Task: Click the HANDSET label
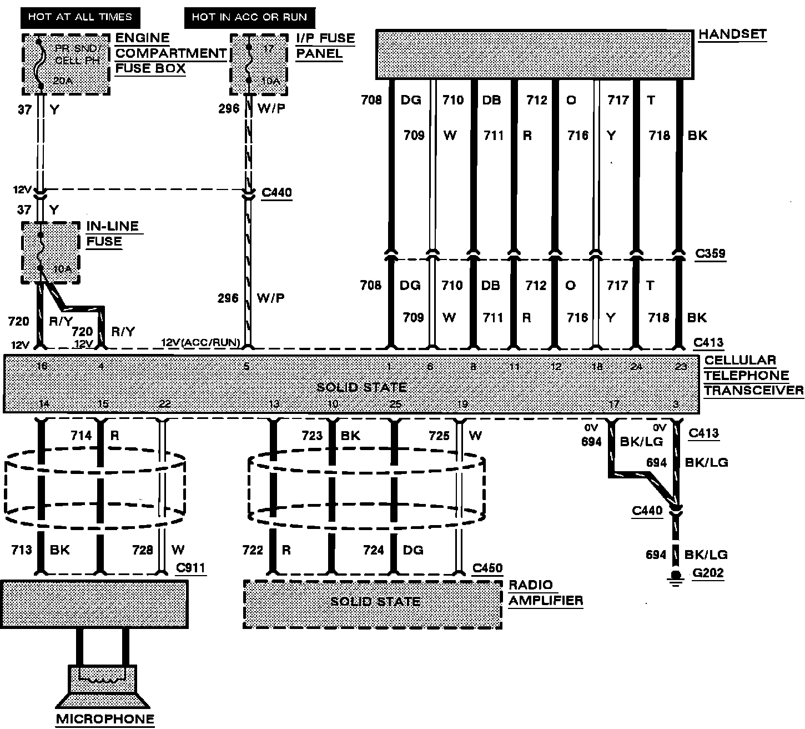(732, 34)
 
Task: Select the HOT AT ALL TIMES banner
(80, 17)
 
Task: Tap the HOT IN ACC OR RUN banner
(249, 17)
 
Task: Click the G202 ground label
(708, 573)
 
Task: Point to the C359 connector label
(710, 254)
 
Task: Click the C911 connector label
(190, 568)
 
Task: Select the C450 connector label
(487, 568)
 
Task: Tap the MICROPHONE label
(105, 718)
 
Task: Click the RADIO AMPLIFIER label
(545, 592)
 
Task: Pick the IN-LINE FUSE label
(112, 234)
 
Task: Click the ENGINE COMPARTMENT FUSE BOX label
(170, 53)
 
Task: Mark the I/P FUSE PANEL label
(325, 46)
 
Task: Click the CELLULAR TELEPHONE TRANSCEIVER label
(753, 375)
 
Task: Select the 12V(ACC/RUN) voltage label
(200, 343)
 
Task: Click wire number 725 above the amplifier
(439, 436)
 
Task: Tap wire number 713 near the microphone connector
(22, 550)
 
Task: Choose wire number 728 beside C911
(143, 550)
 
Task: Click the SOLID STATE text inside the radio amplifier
(375, 602)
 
